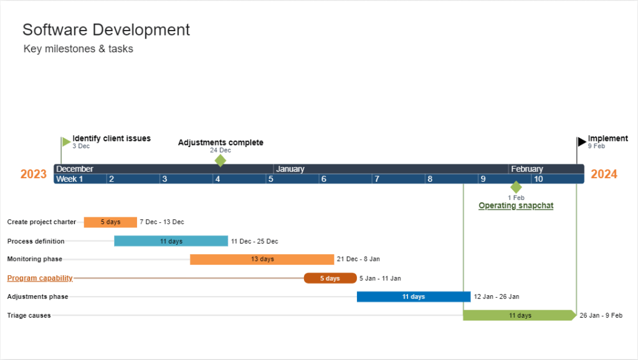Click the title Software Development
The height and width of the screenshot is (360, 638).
coord(106,29)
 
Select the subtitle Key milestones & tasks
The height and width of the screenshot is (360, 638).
coord(78,49)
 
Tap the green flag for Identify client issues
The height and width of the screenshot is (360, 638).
coord(65,142)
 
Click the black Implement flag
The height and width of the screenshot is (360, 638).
coord(581,141)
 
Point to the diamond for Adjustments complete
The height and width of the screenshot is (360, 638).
coord(220,161)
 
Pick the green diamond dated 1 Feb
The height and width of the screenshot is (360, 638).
coord(516,187)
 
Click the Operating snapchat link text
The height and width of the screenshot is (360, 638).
coord(516,206)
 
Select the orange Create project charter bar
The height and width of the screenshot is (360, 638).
coord(110,222)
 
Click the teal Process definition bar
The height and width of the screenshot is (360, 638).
coord(171,241)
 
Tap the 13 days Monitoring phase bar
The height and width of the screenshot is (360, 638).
coord(262,259)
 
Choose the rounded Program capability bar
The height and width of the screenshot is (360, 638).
coord(330,278)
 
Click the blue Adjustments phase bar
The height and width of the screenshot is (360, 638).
coord(413,296)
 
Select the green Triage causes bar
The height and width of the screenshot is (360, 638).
coord(519,315)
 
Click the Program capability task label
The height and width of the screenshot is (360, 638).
coord(40,278)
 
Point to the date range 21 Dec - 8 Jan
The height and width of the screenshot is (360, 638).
coord(358,259)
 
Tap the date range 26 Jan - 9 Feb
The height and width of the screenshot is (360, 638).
coord(601,316)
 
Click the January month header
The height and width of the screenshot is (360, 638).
coord(290,169)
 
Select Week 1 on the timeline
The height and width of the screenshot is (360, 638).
coord(70,179)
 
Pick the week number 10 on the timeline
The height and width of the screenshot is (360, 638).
coord(538,179)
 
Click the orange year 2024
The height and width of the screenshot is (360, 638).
coord(604,174)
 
